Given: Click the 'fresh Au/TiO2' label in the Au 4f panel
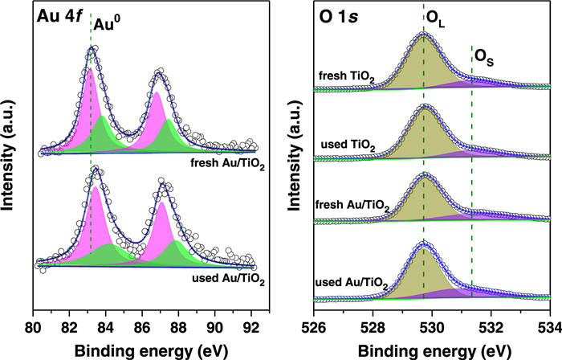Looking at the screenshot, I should [x=227, y=166].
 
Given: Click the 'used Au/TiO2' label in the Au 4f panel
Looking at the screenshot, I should [x=229, y=278].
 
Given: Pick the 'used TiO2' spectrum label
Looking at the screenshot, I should [x=349, y=144].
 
